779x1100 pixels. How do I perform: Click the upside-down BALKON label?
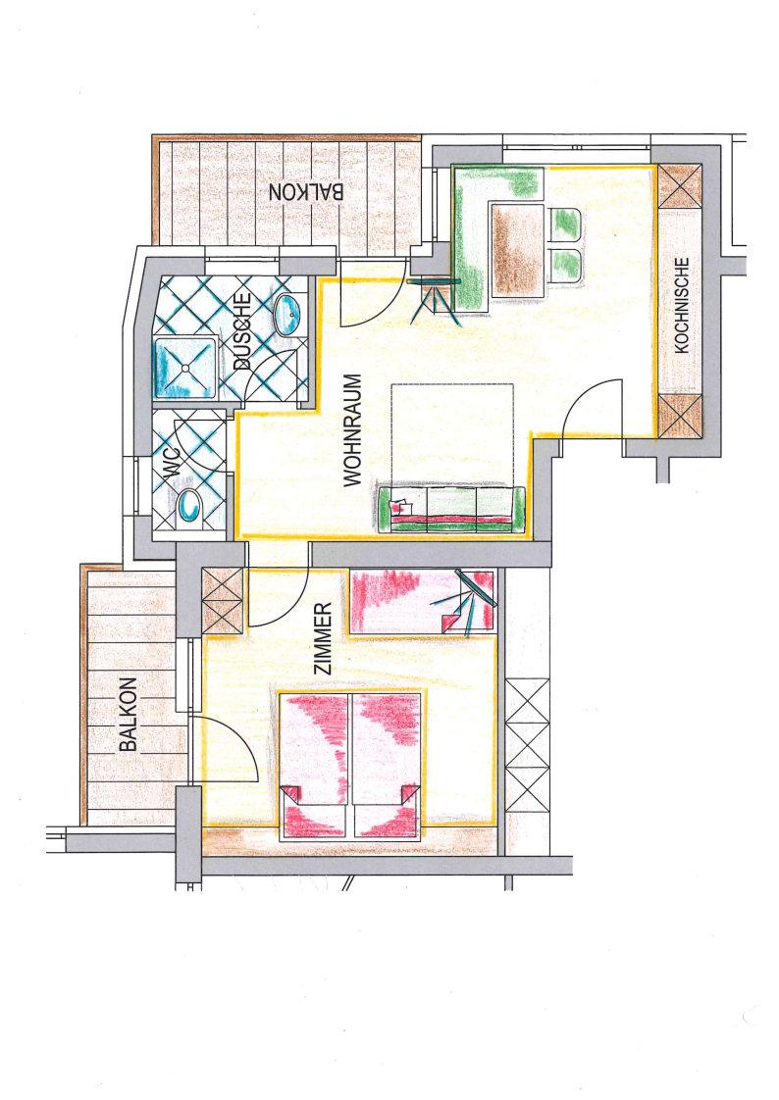(x=307, y=191)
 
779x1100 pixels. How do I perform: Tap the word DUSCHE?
(x=242, y=331)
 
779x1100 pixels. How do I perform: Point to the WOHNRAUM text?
(x=353, y=429)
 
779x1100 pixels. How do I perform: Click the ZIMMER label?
(x=323, y=638)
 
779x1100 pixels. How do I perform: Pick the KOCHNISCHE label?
(x=682, y=305)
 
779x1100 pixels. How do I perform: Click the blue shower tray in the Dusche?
(x=186, y=369)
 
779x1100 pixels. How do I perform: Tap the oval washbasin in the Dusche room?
(x=287, y=315)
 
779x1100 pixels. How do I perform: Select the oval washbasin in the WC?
(x=189, y=507)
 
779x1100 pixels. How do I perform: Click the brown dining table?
(x=517, y=249)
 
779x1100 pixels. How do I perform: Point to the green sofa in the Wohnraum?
(x=451, y=510)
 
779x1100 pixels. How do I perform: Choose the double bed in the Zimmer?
(x=351, y=766)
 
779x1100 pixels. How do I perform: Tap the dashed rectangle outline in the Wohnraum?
(x=452, y=435)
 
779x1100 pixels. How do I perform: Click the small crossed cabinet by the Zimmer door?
(x=222, y=601)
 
